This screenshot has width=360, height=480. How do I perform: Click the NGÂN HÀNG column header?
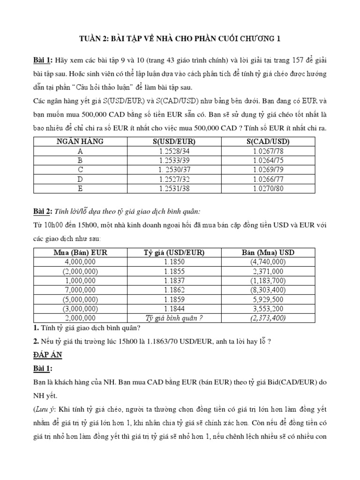(80, 141)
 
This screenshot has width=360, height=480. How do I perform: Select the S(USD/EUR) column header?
(174, 141)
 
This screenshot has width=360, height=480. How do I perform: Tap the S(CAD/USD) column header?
(268, 141)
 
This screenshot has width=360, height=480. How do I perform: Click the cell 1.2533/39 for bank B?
(174, 160)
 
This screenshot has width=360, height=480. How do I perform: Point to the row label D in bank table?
(80, 179)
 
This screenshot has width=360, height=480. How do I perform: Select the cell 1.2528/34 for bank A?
(174, 151)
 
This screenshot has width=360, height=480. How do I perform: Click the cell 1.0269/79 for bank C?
(268, 170)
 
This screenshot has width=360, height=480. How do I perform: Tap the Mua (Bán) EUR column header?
(80, 253)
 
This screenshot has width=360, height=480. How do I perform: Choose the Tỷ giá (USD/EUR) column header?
(174, 253)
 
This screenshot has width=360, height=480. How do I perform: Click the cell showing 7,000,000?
(80, 290)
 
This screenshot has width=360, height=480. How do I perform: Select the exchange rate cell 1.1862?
(174, 290)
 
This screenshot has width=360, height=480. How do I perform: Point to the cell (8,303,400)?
(268, 290)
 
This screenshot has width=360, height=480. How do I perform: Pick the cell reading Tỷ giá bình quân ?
(174, 318)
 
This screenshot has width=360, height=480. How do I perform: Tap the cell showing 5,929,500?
(268, 300)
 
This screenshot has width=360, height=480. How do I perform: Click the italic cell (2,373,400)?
(268, 318)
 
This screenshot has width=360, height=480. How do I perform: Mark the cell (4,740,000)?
(268, 262)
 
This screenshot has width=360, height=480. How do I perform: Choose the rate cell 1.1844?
(174, 309)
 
